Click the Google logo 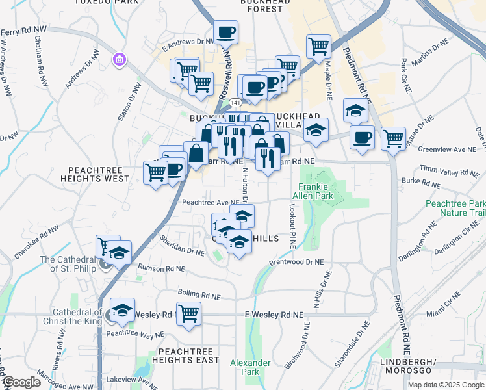[21, 382]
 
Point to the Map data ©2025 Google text [445, 385]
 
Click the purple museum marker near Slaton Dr [119, 60]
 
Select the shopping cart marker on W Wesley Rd [188, 314]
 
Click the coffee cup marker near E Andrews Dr [225, 31]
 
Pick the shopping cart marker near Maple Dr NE [318, 46]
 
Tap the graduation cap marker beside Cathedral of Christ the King [122, 311]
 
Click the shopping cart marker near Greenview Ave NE [393, 137]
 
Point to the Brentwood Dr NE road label [296, 263]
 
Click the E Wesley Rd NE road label [274, 315]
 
